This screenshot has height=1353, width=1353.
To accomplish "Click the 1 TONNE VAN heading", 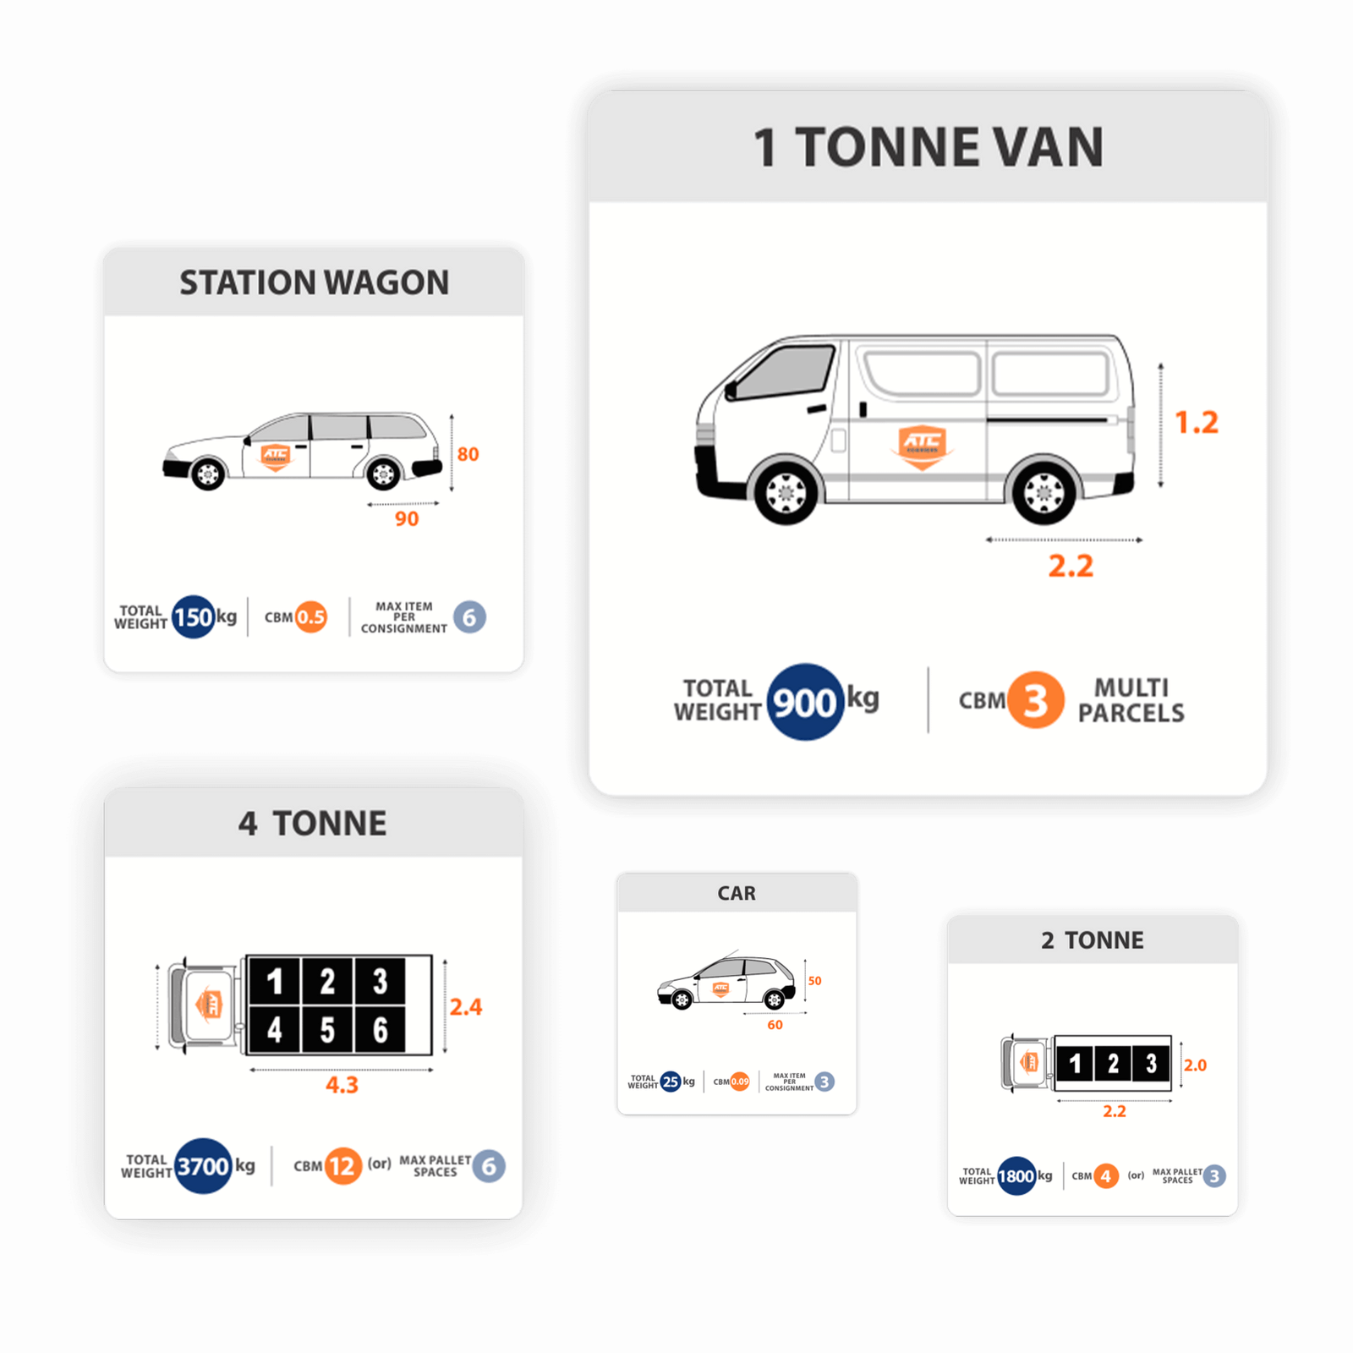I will click(928, 147).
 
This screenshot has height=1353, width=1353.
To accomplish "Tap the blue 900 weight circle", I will click(804, 702).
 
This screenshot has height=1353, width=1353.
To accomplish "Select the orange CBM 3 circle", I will click(1035, 700).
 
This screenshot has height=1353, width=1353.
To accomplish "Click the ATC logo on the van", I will click(922, 444).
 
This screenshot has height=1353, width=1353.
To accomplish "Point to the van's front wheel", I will click(786, 492).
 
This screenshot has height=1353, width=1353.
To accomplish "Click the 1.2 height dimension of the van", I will click(1197, 422).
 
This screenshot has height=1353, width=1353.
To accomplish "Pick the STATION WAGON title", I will click(314, 282).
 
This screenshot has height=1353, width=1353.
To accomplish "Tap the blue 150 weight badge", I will click(193, 617).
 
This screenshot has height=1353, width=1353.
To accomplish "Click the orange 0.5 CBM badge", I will click(311, 617).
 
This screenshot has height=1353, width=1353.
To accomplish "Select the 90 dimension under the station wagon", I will click(407, 518).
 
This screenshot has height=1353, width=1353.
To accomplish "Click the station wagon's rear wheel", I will click(383, 474).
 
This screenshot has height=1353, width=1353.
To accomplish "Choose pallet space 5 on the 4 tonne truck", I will click(327, 1030).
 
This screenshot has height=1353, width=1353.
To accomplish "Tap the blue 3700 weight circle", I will click(203, 1166).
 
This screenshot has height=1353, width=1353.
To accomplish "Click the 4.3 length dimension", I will click(342, 1085).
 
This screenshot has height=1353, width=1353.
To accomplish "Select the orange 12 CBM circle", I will click(342, 1166).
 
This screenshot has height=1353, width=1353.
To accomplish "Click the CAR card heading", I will click(737, 893).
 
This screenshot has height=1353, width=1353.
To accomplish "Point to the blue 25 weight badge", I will click(671, 1082).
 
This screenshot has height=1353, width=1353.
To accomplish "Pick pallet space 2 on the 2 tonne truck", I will click(1113, 1063).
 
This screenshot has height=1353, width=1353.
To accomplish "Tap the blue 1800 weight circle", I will click(1016, 1175).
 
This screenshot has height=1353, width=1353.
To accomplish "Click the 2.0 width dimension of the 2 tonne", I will click(1195, 1065).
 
